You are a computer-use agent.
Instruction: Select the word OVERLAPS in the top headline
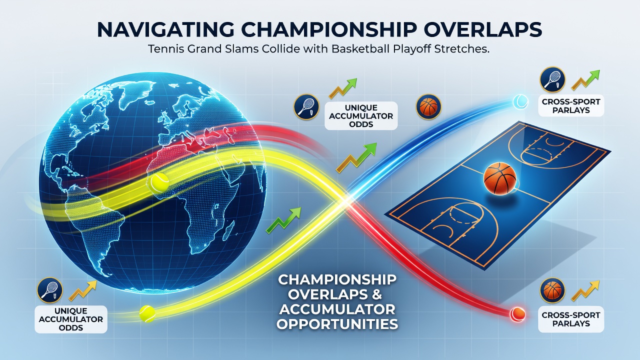(470, 29)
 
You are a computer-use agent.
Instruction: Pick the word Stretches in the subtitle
(461, 49)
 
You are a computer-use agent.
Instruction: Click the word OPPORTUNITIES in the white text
(337, 324)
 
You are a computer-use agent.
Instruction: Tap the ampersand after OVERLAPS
(376, 294)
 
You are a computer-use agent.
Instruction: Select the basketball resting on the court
(499, 178)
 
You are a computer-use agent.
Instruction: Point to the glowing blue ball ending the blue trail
(520, 101)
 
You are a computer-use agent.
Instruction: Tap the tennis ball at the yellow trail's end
(147, 314)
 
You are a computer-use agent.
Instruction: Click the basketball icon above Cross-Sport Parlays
(552, 290)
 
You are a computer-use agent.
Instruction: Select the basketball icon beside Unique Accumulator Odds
(428, 107)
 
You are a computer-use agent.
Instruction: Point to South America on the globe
(94, 225)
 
